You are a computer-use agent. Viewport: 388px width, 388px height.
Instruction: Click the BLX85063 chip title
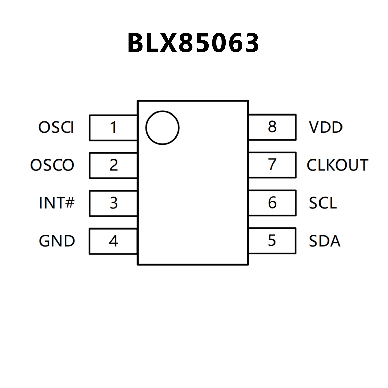click(193, 43)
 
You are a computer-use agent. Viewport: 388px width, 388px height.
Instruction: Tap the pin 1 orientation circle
click(162, 128)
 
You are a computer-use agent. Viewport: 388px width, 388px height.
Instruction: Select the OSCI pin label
click(56, 127)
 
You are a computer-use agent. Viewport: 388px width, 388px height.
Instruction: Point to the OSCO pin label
click(52, 165)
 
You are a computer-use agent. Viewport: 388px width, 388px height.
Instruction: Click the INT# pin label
click(57, 203)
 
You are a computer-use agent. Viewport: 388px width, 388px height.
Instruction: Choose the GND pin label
click(57, 241)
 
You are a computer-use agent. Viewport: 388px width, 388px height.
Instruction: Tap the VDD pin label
click(326, 127)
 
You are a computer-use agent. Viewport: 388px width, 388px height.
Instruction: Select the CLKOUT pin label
click(337, 165)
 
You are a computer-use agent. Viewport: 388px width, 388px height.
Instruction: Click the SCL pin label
click(323, 203)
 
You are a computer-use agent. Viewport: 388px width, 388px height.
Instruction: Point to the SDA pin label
click(325, 241)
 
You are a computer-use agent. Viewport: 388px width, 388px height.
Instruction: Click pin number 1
click(113, 127)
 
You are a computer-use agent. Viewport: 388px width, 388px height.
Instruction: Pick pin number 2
click(113, 165)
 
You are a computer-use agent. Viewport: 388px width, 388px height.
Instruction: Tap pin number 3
click(113, 203)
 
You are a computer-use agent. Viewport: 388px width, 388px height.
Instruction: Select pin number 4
click(113, 241)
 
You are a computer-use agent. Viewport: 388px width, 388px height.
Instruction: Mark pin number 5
click(272, 240)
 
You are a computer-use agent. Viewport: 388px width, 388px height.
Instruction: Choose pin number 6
click(272, 202)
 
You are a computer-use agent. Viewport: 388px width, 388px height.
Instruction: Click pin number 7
click(272, 165)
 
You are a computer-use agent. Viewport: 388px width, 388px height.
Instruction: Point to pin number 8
click(272, 127)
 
